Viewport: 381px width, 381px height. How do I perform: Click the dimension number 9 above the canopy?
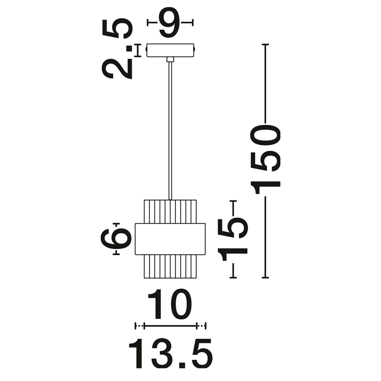(x=169, y=22)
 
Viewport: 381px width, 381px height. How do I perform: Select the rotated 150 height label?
(x=265, y=159)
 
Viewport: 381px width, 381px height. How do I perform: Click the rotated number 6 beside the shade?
(x=116, y=238)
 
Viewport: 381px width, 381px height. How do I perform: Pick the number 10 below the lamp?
(x=170, y=304)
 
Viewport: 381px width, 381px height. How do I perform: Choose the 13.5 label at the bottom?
(x=170, y=354)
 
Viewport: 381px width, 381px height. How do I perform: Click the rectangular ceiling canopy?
(x=170, y=50)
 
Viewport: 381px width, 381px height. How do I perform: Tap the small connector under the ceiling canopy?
(x=170, y=59)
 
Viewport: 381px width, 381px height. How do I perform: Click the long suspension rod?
(x=170, y=131)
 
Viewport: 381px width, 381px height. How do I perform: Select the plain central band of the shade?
(x=170, y=239)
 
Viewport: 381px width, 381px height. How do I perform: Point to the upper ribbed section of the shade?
(x=170, y=211)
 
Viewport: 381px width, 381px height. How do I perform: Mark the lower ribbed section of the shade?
(x=170, y=267)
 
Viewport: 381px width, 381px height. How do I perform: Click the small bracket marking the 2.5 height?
(x=138, y=51)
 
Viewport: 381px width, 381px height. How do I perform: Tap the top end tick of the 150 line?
(x=265, y=45)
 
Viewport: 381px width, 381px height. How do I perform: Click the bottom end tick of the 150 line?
(x=265, y=277)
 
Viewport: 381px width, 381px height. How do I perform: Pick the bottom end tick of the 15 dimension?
(x=233, y=277)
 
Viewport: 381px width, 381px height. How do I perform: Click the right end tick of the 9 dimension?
(x=193, y=23)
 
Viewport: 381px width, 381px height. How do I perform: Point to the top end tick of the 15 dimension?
(x=233, y=201)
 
